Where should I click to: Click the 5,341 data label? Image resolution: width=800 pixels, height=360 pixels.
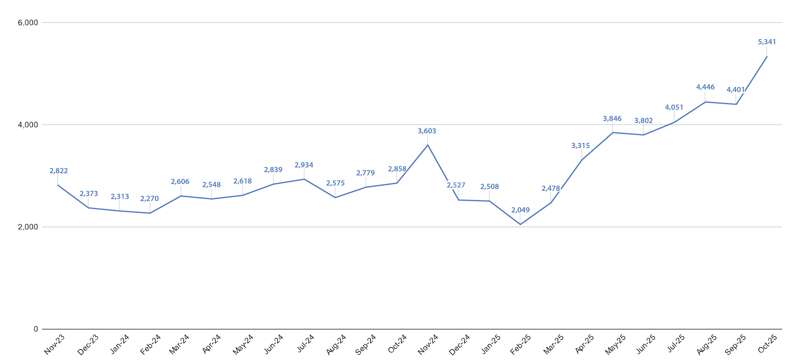coord(767,42)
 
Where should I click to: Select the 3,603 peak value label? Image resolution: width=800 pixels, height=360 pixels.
coord(427,131)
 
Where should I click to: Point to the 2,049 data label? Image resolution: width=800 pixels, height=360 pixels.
coord(520,210)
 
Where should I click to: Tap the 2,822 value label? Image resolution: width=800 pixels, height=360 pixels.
coord(58,171)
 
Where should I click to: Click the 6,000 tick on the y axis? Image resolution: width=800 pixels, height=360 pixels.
coord(28,22)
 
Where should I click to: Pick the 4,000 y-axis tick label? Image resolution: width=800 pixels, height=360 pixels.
coord(28,125)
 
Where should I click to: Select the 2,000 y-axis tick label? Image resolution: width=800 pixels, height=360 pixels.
coord(28,227)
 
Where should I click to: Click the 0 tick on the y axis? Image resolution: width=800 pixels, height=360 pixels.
coord(36,329)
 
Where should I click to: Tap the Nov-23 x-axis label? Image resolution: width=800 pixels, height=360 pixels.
coord(55,344)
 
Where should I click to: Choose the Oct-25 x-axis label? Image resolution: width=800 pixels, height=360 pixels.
coord(767,344)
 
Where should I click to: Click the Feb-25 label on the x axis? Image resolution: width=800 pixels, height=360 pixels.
coord(521,344)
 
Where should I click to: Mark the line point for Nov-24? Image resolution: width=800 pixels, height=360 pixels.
coord(427,145)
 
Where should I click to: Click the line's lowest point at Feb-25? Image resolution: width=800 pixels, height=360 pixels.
coord(520,225)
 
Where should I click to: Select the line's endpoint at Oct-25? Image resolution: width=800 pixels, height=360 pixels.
coord(767,57)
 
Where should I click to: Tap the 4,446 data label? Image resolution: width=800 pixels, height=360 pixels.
coord(705,87)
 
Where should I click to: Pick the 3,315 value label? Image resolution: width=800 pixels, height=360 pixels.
coord(580,146)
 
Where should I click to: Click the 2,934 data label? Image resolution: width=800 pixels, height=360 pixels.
coord(304,165)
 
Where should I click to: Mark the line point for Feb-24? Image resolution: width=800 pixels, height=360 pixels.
coord(150,213)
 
